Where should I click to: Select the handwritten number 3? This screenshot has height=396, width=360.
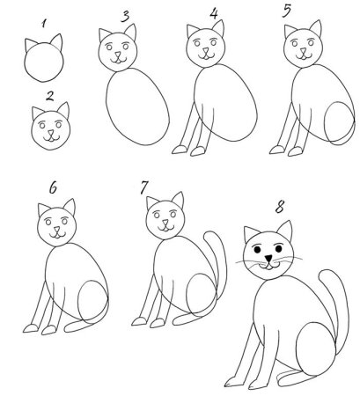click(x=125, y=15)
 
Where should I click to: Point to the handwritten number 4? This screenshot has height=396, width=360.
click(x=213, y=13)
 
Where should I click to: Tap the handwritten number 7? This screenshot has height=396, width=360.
click(x=143, y=188)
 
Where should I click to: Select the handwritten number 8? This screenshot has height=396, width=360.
click(x=280, y=209)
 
